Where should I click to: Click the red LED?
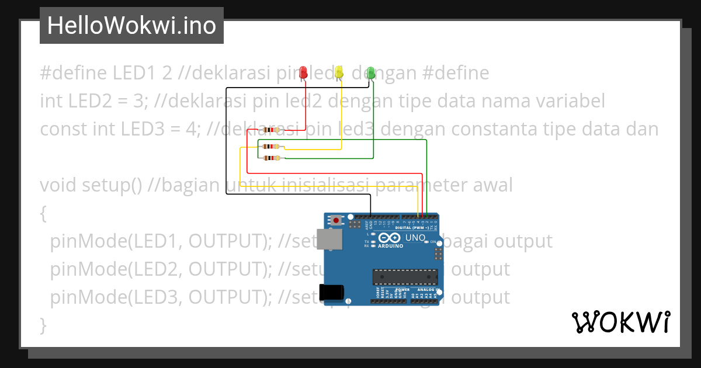(x=303, y=72)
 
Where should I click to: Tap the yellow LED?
(x=339, y=72)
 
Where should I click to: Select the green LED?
(x=370, y=72)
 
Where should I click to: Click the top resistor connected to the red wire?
(x=270, y=129)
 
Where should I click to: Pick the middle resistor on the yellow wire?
(x=270, y=147)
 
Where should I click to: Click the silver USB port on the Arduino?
(x=329, y=239)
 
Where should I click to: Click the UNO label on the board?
(x=415, y=238)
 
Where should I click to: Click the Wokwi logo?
(x=620, y=322)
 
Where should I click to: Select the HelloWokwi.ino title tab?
(x=131, y=26)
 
